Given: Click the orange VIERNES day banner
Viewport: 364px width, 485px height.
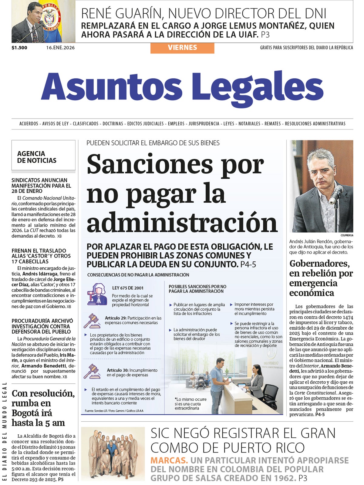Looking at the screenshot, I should tap(182, 48).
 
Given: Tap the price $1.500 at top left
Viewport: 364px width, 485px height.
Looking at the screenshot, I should tap(19, 48).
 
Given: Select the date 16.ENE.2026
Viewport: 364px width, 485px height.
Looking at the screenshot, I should tap(60, 48).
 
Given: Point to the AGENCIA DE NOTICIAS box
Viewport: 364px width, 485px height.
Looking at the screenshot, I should tap(43, 155).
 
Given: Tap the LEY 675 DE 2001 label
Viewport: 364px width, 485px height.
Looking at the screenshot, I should tap(128, 288).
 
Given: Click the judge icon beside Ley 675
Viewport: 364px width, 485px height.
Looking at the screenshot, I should tap(97, 294).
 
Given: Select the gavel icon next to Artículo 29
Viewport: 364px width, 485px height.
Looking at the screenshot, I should tap(92, 321).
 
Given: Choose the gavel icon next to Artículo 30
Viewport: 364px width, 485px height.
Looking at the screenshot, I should tap(92, 371).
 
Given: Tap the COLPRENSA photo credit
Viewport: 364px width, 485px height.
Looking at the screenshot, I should tap(347, 235).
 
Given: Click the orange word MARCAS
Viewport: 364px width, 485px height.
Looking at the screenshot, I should tap(169, 460).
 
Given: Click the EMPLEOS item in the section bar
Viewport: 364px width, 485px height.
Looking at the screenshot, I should tap(176, 124).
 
